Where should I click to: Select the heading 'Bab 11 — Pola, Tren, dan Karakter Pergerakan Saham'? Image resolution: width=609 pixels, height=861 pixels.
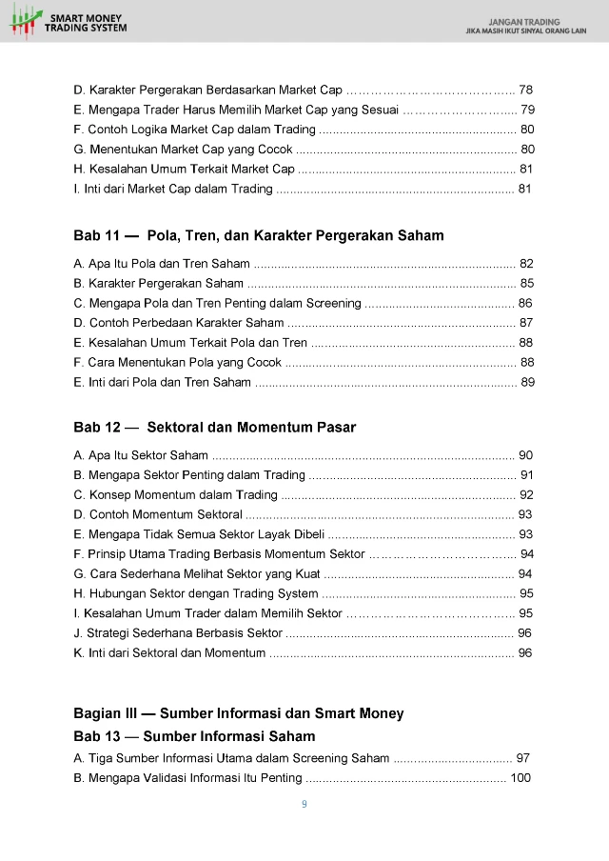point(258,235)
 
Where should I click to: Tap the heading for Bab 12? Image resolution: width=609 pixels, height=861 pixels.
point(214,428)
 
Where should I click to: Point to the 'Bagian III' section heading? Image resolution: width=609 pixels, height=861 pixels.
point(238,713)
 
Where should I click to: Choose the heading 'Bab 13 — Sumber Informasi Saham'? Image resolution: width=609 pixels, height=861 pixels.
point(194,736)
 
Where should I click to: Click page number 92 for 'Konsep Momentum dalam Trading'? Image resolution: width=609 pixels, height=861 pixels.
point(526,495)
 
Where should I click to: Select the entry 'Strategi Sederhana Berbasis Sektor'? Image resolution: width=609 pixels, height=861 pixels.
point(177,633)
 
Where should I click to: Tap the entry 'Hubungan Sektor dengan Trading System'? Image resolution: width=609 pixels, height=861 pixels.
point(195,593)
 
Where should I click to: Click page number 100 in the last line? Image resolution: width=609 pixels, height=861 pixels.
point(521,778)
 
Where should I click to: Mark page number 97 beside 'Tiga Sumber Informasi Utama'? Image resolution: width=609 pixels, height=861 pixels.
point(522,758)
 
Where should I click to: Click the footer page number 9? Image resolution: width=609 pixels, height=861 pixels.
point(304,805)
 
